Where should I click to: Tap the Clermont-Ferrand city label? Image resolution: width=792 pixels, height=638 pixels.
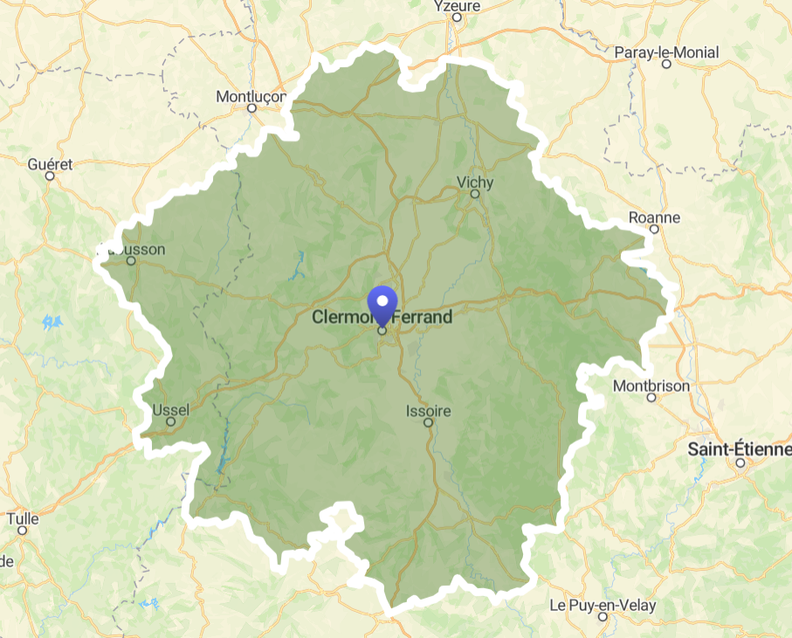coord(382,318)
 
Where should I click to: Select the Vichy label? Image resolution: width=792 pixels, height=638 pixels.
coord(475,182)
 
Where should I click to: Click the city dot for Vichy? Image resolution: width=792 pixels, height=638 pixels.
coord(475,195)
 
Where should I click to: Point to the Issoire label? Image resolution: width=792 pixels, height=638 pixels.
coord(428,411)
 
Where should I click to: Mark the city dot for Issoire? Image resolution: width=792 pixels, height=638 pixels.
coord(428,423)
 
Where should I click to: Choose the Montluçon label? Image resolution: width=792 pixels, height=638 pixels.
coord(251,96)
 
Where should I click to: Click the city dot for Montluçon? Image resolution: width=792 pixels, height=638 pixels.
coord(251,108)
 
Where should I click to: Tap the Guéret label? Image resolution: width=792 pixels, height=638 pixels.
coord(50,163)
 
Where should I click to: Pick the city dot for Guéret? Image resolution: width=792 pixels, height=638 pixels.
coord(50,175)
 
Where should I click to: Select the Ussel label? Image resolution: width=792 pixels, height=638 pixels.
coord(170,409)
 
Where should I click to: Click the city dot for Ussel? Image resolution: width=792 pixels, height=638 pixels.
coord(171,422)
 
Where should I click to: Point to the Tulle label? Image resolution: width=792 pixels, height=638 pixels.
coord(23,518)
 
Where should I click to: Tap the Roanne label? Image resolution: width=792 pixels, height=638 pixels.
coord(653,217)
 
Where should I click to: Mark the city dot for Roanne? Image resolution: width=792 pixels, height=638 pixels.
coord(653,230)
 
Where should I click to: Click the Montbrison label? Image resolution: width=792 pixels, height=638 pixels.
coord(651,385)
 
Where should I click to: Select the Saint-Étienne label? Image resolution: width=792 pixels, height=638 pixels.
coord(740,449)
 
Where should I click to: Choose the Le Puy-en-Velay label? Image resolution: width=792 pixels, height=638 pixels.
coord(603,605)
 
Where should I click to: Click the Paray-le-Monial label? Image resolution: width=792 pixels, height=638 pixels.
coord(666,52)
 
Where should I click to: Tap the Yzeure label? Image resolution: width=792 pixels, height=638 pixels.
coord(457,6)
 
